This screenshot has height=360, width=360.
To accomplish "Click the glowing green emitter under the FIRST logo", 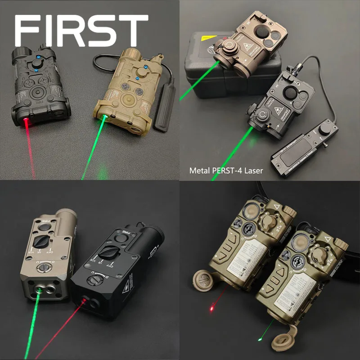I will pyautogui.click(x=104, y=118).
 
